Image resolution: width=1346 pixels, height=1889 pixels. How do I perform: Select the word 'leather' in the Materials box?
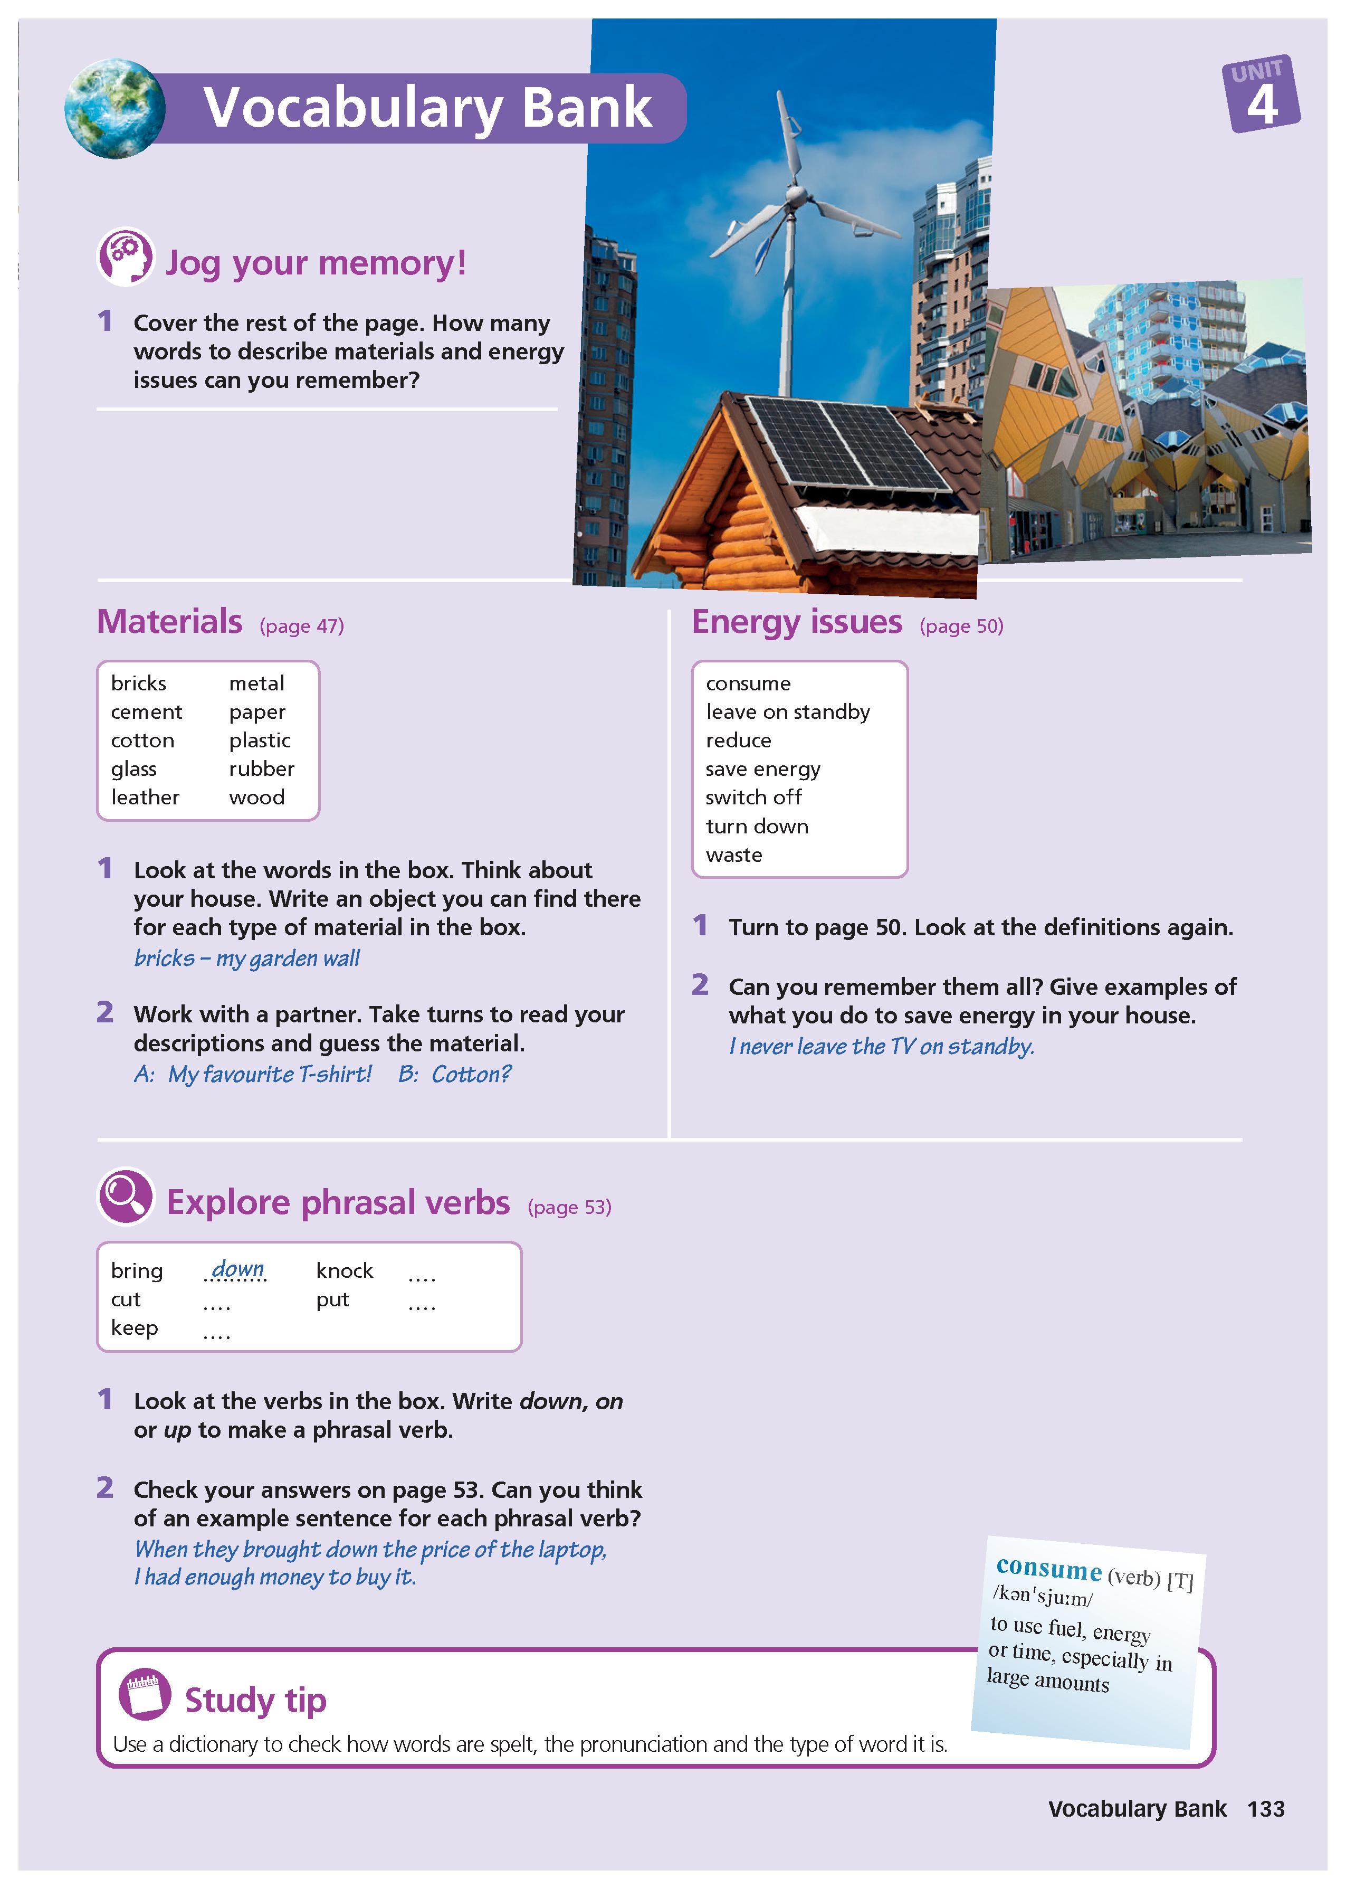tap(145, 798)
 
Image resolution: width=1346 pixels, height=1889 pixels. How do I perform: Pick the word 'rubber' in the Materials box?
tap(261, 769)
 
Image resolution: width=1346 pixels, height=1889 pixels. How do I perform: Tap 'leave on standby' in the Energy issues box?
tap(787, 712)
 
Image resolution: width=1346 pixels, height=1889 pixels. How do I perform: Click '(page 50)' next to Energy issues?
tap(961, 626)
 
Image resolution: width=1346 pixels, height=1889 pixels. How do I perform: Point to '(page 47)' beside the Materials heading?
tap(302, 626)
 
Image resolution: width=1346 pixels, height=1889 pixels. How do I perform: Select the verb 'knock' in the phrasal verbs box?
tap(344, 1270)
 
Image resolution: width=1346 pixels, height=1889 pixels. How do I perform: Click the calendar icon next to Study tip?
tap(145, 1693)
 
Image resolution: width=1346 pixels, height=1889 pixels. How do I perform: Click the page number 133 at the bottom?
tap(1266, 1809)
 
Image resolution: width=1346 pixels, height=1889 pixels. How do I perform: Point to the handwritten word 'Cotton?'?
tap(471, 1074)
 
